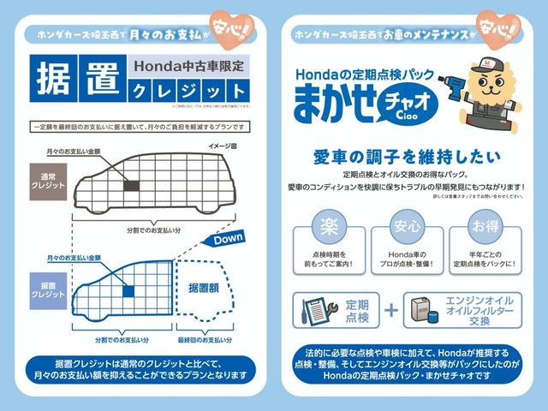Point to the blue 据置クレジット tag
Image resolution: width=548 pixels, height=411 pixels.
[x=47, y=290]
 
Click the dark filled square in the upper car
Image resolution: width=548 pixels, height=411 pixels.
[x=132, y=184]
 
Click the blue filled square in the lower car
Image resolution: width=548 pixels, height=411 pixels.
[x=128, y=291]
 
